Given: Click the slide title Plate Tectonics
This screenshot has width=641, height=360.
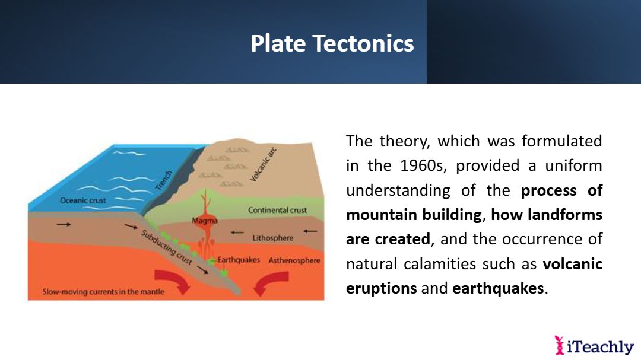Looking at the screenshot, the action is pyautogui.click(x=332, y=43).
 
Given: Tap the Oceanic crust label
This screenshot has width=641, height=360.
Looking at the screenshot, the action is pyautogui.click(x=82, y=200).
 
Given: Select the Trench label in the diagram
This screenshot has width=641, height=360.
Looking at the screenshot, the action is pyautogui.click(x=164, y=180).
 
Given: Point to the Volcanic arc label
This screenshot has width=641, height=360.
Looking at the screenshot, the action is pyautogui.click(x=264, y=164).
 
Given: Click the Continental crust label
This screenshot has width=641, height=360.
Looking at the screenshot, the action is pyautogui.click(x=277, y=210).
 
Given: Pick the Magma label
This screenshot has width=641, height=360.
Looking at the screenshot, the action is pyautogui.click(x=205, y=221).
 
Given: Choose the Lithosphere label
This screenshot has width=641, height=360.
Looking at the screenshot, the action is pyautogui.click(x=272, y=238).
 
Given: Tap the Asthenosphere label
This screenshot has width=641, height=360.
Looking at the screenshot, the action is pyautogui.click(x=294, y=260).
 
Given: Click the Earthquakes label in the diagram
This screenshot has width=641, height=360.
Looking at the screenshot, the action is pyautogui.click(x=239, y=260).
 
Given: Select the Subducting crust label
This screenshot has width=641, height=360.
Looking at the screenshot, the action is pyautogui.click(x=166, y=247).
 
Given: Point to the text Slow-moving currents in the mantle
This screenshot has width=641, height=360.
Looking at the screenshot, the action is pyautogui.click(x=103, y=292).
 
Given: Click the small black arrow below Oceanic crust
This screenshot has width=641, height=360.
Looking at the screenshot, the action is pyautogui.click(x=64, y=224).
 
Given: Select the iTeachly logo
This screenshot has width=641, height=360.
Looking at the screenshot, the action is pyautogui.click(x=594, y=346).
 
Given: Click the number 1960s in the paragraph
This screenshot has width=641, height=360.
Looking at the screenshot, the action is pyautogui.click(x=423, y=165).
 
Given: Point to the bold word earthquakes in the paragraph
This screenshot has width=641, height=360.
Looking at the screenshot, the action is pyautogui.click(x=498, y=288).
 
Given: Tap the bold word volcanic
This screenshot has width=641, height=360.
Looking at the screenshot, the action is pyautogui.click(x=573, y=264).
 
